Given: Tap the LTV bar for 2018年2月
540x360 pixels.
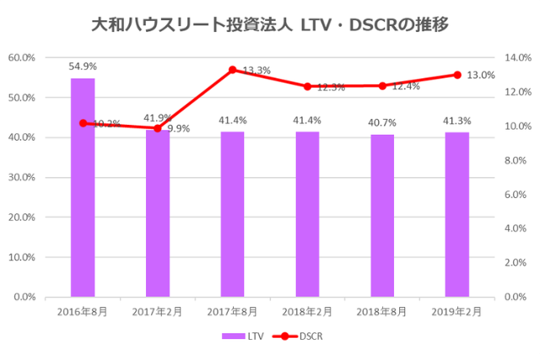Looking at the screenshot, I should tap(307, 214).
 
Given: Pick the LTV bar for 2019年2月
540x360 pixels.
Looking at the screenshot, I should tap(457, 214).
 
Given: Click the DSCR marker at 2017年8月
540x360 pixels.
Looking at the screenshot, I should tap(232, 69).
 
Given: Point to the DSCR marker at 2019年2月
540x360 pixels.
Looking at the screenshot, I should tap(457, 75).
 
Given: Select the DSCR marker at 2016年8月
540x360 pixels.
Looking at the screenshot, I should tap(83, 123).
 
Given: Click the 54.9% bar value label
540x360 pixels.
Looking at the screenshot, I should tap(83, 65).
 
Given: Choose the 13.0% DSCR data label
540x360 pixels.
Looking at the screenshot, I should tap(481, 75).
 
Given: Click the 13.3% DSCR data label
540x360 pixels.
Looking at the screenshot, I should tap(256, 70).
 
